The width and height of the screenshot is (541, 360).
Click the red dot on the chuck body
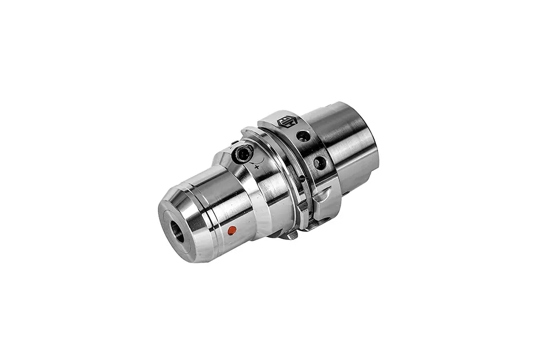pos(231,230)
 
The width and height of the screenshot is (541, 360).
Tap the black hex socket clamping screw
pos(243,153)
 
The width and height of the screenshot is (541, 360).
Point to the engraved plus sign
pos(257,168)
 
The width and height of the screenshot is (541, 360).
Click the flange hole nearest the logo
pos(303,136)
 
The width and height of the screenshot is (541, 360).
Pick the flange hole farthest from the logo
pos(320,163)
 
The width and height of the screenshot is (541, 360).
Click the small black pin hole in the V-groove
pos(302,179)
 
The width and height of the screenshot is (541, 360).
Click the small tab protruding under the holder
pos(288,235)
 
